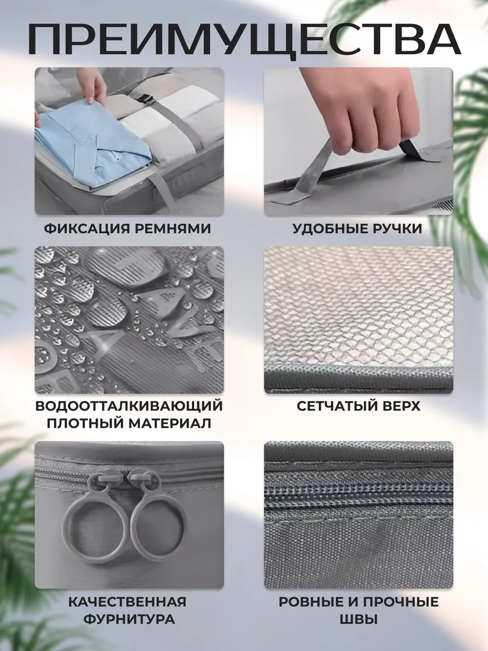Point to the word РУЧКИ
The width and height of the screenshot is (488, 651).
pos(395,228)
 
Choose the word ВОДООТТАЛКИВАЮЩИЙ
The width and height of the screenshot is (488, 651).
pos(129,406)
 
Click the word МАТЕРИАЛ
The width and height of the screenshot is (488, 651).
pos(170,423)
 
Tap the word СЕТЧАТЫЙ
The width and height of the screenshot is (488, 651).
pos(336,406)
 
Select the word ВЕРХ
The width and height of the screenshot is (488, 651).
pos(401,406)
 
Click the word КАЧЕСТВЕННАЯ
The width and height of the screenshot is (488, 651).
pos(127,601)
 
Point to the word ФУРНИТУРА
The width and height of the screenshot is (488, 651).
pos(129,619)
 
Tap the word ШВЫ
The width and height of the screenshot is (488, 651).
pos(358,619)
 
